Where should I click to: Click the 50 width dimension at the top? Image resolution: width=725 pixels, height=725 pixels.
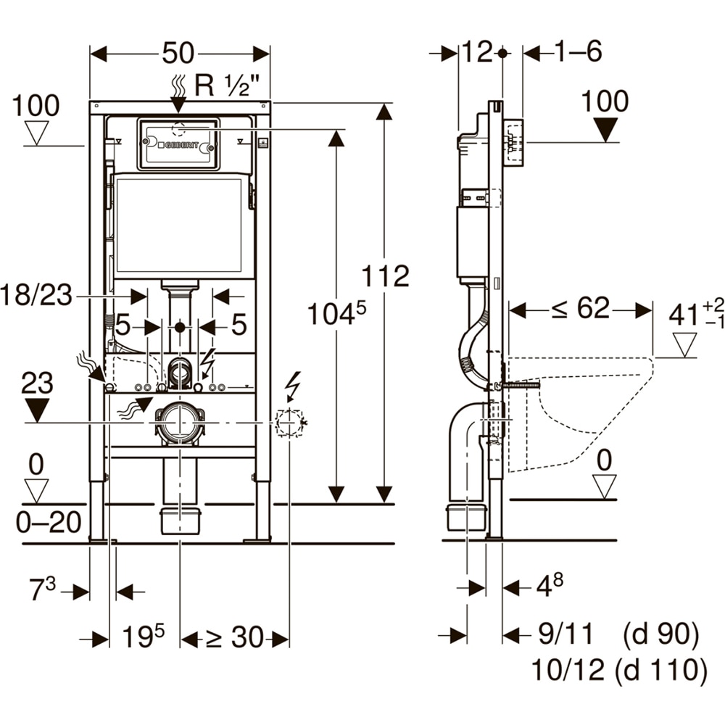[x=178, y=53]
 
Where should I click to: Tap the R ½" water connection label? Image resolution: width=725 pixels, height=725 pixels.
[x=227, y=86]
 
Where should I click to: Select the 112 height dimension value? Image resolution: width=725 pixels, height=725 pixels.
[x=386, y=276]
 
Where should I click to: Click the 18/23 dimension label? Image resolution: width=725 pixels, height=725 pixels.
[x=37, y=297]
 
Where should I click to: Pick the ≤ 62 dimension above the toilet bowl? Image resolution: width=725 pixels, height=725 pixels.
[x=581, y=309]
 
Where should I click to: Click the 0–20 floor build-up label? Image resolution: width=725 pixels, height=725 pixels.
[x=49, y=522]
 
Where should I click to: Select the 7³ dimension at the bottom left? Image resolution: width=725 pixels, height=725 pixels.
[x=41, y=590]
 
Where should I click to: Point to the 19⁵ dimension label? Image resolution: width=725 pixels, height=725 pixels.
[x=143, y=637]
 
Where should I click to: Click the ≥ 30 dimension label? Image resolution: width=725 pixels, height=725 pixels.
[x=234, y=638]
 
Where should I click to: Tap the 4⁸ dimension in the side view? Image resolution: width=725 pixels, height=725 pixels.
[x=548, y=584]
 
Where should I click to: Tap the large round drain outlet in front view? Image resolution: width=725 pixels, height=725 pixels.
[x=178, y=422]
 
